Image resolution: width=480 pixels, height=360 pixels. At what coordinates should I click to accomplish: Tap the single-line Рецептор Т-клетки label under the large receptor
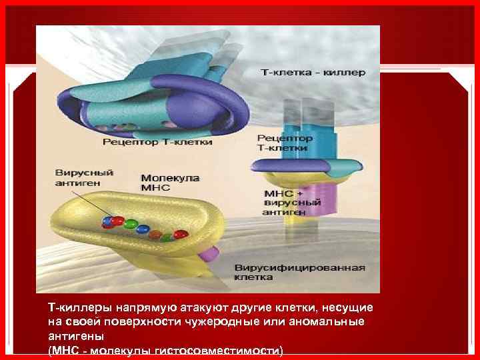(158, 142)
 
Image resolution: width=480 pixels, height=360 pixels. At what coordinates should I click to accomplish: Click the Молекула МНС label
(165, 183)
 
